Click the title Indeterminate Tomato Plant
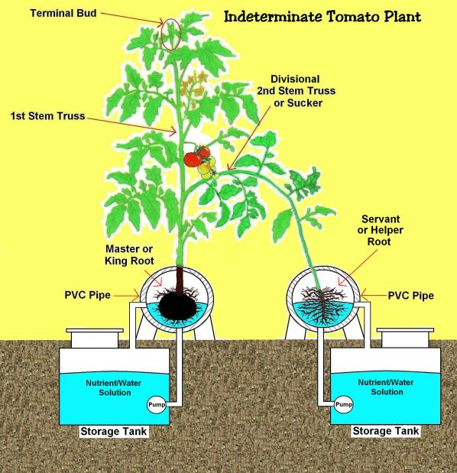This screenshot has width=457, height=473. pos(322,17)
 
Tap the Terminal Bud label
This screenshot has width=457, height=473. pos(63,13)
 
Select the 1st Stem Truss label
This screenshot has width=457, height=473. pos(47,116)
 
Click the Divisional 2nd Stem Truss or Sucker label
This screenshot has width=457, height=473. pos(296,91)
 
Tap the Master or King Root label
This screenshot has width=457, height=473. pos(129,255)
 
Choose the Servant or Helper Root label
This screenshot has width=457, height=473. pos(380,230)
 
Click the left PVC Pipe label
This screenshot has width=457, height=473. pos(87,295)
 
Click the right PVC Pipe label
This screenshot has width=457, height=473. pos(411,296)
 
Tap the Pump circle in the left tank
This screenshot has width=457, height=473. pos(157,404)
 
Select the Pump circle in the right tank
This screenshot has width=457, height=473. pos(344,404)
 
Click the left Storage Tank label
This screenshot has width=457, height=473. pos(113,432)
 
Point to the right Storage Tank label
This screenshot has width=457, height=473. pos(386,431)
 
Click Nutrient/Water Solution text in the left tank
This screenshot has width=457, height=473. pos(114,388)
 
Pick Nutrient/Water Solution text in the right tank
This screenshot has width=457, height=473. pos(386,387)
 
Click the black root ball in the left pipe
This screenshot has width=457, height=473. pos(177,306)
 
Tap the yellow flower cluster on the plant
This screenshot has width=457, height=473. pos(193,85)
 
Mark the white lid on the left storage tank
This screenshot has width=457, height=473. pos(95,338)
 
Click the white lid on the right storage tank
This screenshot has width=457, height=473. pos(406,338)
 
